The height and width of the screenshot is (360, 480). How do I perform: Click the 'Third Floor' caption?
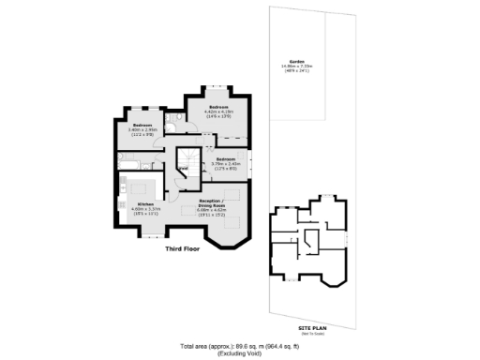(x=185, y=249)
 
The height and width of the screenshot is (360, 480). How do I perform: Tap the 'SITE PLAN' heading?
(x=311, y=321)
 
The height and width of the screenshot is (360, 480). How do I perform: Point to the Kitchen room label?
(x=145, y=204)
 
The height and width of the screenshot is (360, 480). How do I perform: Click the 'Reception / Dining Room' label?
(x=210, y=202)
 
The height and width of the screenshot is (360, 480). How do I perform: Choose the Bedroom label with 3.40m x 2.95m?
(x=142, y=125)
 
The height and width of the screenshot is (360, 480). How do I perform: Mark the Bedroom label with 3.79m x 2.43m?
(x=225, y=159)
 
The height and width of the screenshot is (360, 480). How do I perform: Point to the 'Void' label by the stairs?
(x=184, y=169)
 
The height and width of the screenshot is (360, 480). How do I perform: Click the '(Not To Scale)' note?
(x=311, y=327)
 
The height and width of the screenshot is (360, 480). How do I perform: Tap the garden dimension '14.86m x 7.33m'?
(x=298, y=67)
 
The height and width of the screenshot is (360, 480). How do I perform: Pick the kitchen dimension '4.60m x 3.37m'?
(x=145, y=209)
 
